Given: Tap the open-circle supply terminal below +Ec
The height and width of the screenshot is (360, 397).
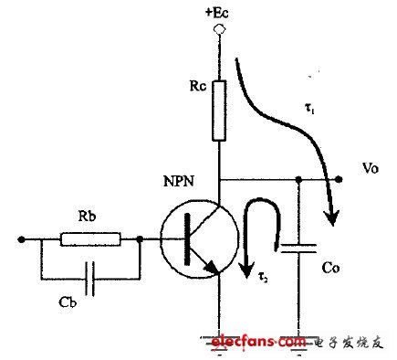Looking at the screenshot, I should point(217,29).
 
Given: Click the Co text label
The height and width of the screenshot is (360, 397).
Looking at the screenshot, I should point(336,271).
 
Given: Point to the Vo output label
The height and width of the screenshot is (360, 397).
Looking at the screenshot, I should point(371,170).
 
